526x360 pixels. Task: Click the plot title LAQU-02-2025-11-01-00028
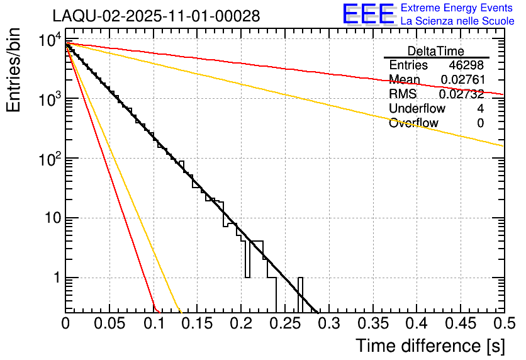tap(156, 16)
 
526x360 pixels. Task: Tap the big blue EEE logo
tap(368, 14)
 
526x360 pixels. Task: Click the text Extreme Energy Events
tap(457, 8)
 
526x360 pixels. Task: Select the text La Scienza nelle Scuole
tap(457, 21)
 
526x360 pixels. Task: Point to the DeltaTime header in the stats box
tap(435, 51)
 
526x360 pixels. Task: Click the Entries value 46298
tap(466, 65)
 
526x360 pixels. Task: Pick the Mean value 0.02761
tap(461, 80)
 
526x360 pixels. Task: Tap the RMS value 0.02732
tap(461, 94)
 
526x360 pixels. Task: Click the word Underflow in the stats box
tap(417, 109)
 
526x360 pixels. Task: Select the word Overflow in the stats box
tap(413, 123)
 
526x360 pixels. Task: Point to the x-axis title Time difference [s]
tap(429, 346)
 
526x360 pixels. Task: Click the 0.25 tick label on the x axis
tap(285, 324)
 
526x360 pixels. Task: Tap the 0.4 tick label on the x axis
tap(417, 324)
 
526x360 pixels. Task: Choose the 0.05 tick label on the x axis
tap(109, 324)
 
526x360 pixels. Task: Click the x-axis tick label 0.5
tap(504, 324)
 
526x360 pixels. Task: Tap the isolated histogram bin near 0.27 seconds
tap(301, 295)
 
